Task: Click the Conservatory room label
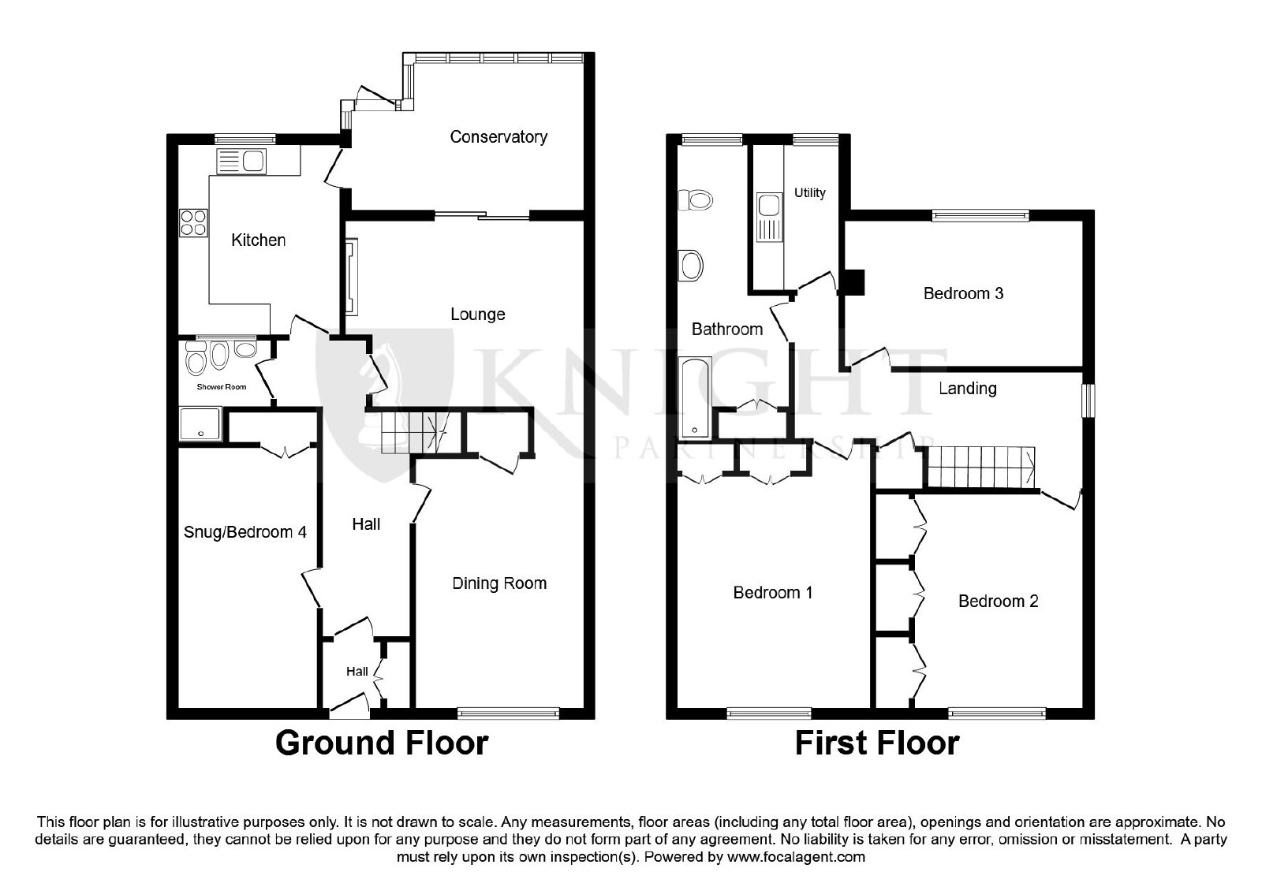point(498,137)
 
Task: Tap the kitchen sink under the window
point(241,161)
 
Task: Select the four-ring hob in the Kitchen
point(193,223)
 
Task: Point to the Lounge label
point(478,315)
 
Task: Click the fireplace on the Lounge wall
point(351,277)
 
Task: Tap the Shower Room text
point(222,387)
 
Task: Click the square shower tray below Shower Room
point(200,425)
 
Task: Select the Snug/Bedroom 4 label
point(245,532)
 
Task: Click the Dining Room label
point(499,583)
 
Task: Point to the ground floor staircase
point(415,433)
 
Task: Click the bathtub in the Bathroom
point(695,398)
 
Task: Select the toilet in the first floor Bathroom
point(695,200)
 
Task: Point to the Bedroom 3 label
point(963,293)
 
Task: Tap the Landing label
point(967,389)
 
